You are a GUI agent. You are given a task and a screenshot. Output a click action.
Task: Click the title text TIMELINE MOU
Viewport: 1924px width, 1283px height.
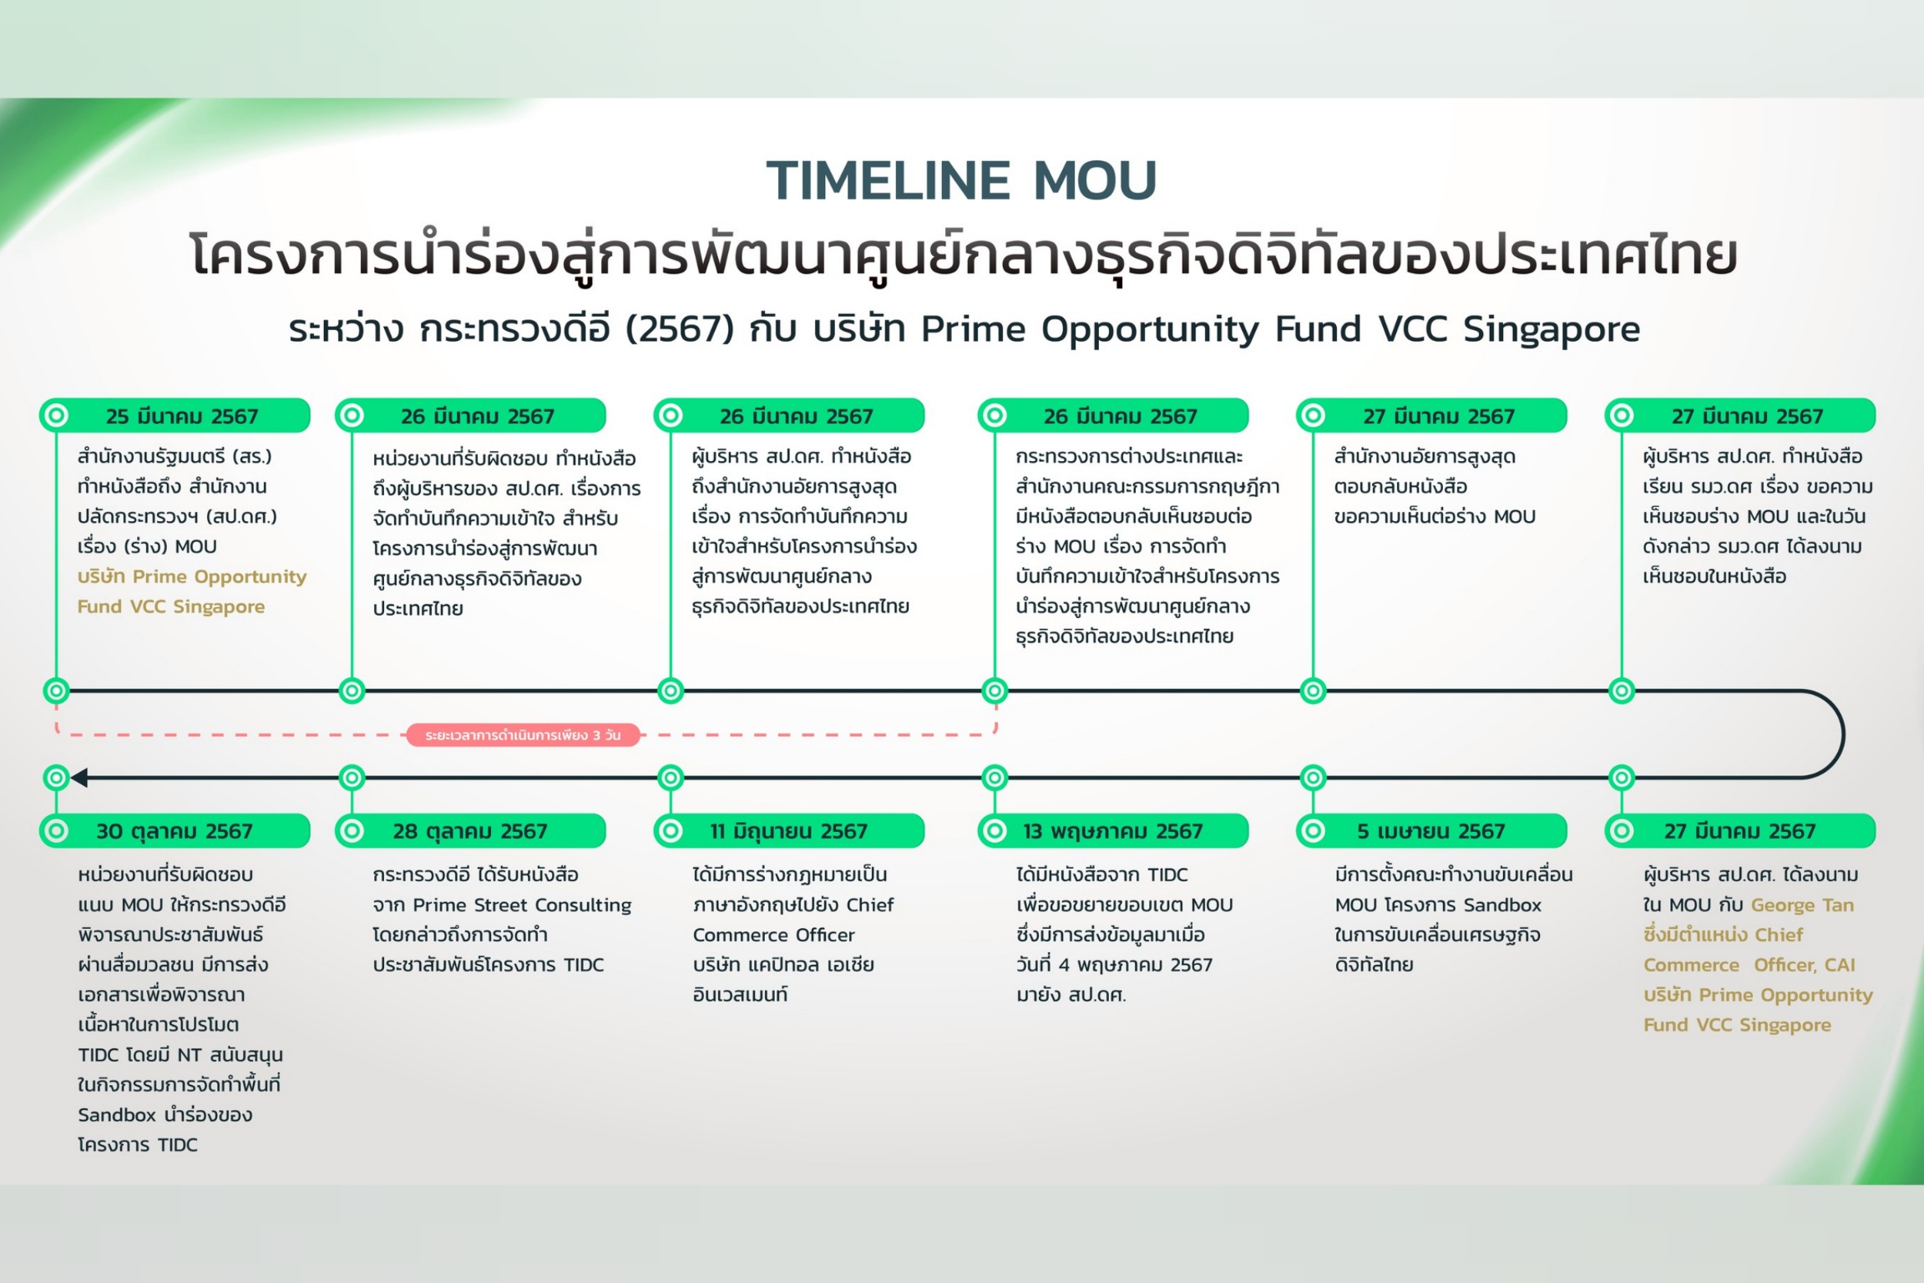(x=961, y=180)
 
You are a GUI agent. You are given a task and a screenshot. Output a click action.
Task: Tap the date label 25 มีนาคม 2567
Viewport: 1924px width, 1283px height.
(x=182, y=416)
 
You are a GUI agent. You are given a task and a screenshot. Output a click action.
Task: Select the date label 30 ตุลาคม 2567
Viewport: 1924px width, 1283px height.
(x=175, y=831)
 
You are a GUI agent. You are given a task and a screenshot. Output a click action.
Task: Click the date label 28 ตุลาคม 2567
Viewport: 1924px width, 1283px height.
(x=470, y=831)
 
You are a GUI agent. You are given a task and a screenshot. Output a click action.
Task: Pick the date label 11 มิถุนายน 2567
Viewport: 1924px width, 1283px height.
(x=789, y=831)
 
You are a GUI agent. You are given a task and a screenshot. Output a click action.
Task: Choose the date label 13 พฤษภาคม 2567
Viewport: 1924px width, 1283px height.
(x=1113, y=831)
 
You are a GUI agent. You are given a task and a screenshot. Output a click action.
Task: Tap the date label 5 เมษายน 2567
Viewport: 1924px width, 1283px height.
(x=1430, y=831)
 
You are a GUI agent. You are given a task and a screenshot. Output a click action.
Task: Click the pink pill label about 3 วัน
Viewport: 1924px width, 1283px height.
(x=523, y=735)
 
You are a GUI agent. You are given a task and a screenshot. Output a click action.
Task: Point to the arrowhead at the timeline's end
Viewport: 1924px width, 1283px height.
(x=79, y=778)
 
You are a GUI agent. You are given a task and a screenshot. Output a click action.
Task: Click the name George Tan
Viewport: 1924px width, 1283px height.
(x=1802, y=905)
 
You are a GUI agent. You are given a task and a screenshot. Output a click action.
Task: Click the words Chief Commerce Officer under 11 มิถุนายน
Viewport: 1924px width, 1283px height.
(x=793, y=920)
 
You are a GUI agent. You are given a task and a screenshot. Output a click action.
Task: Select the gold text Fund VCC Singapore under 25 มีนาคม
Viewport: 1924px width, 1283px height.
(x=171, y=607)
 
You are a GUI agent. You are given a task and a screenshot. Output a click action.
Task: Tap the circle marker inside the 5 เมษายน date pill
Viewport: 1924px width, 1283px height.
(x=1314, y=831)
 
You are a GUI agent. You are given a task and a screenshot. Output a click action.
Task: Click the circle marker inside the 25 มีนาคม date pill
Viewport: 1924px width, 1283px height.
(x=57, y=415)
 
